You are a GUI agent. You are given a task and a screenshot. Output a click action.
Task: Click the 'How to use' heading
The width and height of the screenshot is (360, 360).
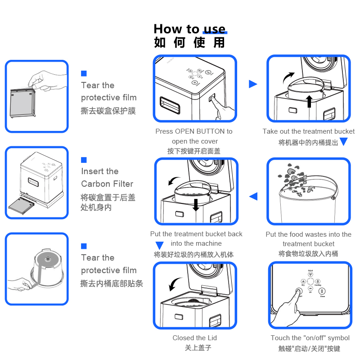189,29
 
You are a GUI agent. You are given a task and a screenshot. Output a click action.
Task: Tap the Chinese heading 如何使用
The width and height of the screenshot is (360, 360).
189,43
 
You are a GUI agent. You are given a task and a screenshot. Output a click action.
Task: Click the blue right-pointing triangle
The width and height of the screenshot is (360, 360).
253,84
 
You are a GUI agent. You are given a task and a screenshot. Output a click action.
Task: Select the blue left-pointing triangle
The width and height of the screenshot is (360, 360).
253,196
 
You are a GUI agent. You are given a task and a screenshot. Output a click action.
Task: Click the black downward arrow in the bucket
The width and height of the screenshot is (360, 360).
196,205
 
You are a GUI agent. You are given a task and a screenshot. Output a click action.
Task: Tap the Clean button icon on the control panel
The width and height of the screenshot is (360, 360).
322,291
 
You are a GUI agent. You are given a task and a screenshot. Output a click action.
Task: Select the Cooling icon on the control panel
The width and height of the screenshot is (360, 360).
317,281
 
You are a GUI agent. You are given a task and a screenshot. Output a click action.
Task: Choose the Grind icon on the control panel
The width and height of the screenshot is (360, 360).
310,274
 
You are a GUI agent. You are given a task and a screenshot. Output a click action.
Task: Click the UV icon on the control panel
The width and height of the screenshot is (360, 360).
310,288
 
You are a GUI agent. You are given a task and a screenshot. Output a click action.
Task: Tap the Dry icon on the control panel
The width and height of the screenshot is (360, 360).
303,281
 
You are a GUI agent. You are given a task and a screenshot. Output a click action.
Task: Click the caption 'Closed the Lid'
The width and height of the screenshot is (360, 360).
195,338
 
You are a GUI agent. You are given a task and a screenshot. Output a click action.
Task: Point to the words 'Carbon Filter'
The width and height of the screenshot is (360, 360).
107,184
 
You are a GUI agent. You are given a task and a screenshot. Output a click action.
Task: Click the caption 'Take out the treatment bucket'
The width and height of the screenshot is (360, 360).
309,131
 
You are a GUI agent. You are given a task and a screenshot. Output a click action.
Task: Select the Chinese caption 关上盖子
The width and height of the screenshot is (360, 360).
198,348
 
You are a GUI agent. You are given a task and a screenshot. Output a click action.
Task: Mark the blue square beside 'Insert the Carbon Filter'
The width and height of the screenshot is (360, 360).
84,160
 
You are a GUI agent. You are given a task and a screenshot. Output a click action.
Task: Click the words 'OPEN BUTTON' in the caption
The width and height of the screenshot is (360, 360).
200,131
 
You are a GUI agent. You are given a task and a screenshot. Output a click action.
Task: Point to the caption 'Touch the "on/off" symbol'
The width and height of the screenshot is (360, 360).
310,338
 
